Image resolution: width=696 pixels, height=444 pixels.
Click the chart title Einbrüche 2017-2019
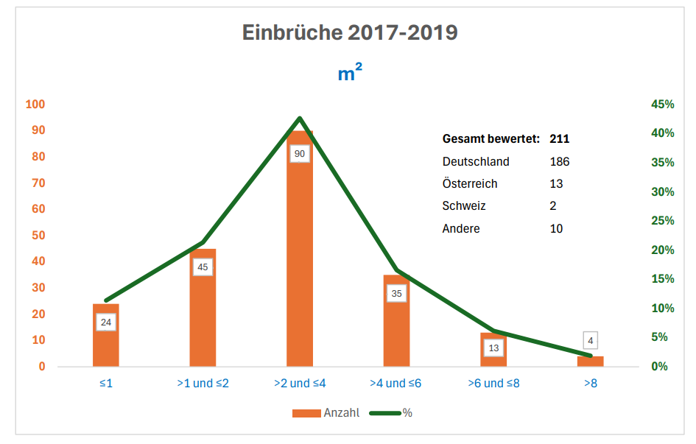pos(350,33)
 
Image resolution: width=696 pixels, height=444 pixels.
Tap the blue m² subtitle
pos(350,73)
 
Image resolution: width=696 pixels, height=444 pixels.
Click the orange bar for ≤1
pos(106,346)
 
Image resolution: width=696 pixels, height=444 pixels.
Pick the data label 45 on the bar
pos(203,267)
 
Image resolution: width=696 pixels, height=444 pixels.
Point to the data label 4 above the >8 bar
pos(590,341)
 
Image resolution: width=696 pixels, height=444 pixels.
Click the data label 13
pos(493,348)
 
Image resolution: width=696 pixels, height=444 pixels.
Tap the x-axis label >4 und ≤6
pos(396,384)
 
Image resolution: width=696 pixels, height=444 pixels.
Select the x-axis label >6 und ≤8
pos(493,384)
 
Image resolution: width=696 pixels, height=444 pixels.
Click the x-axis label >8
pos(590,384)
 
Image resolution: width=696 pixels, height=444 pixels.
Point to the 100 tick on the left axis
pos(35,105)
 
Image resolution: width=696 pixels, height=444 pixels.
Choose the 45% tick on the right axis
pos(662,105)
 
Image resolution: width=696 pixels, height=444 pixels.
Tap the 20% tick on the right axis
pos(662,250)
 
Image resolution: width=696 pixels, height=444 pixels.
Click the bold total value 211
pos(560,138)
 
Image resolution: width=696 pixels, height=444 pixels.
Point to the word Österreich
pos(470,184)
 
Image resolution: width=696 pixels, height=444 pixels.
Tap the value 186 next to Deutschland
pos(560,161)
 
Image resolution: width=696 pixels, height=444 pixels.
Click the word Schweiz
pos(464,206)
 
